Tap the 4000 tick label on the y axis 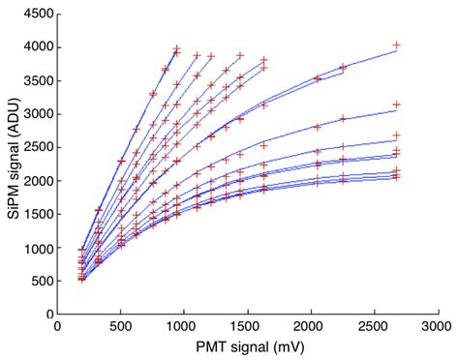click(x=37, y=47)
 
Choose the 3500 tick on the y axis click(x=37, y=81)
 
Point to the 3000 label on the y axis click(x=37, y=114)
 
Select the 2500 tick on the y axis click(x=37, y=148)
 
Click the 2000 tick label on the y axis click(x=37, y=181)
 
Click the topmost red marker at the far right click(x=395, y=45)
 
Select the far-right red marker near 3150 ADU click(x=395, y=105)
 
